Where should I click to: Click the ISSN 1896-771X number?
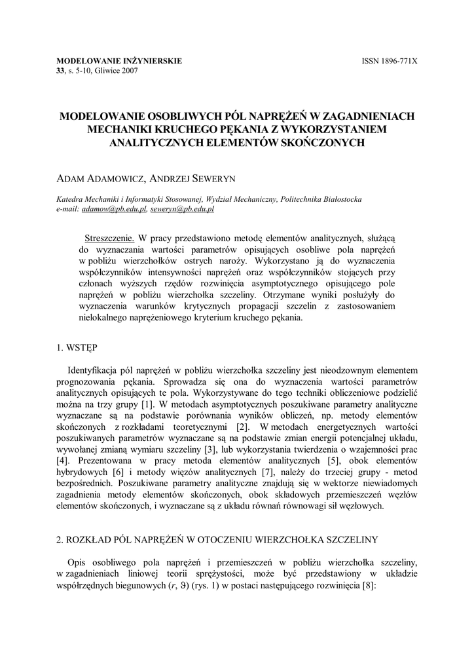pyautogui.click(x=389, y=61)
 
